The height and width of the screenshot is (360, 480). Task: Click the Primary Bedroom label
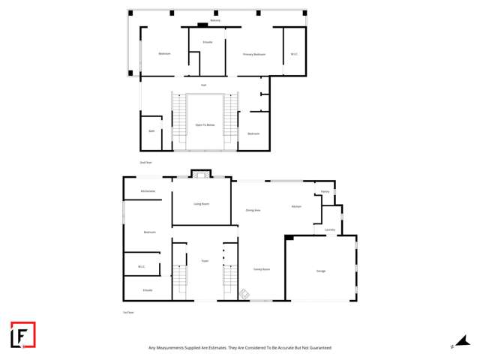pos(254,55)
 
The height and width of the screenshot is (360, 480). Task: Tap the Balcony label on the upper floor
pos(215,20)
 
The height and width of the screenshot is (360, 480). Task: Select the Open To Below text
pos(205,124)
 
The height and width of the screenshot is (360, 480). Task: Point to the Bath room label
pos(151,131)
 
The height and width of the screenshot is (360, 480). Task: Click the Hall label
pos(203,85)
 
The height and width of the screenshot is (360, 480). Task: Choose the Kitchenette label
pos(148,191)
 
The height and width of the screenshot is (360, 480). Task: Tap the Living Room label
pos(201,204)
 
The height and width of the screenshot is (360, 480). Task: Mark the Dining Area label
pos(253,210)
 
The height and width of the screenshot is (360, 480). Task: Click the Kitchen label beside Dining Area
pos(296,206)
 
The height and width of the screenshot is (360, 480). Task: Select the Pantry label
pos(325,192)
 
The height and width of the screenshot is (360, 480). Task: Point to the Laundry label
pos(330,229)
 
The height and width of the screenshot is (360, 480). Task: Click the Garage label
pos(321,270)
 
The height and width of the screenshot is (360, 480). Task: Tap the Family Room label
pos(261,268)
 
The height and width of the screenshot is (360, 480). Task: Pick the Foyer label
pos(204,261)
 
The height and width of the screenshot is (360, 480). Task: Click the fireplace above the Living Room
pos(201,174)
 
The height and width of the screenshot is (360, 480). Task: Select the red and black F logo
pos(22,334)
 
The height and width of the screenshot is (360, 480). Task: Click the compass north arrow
pos(463,341)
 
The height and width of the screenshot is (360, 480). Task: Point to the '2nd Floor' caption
pos(145,162)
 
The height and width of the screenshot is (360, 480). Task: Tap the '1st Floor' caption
pos(128,312)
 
